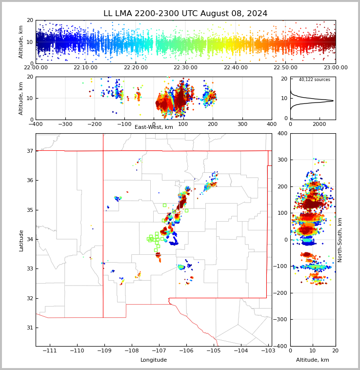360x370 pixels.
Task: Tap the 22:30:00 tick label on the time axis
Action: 185,67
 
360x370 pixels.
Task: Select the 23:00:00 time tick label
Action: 336,67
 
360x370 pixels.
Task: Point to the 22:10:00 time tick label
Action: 85,67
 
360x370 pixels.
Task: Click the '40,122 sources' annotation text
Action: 314,80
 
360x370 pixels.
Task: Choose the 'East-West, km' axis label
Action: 154,127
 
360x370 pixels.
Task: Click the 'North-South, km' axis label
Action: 340,240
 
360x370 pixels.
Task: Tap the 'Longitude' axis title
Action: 154,360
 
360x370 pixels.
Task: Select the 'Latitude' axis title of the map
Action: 21,240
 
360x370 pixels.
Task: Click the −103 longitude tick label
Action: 268,351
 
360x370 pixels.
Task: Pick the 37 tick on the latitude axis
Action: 29,151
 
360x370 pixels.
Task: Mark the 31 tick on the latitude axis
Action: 29,328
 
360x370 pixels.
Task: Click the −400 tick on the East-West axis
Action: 36,124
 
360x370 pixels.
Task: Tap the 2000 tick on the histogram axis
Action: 319,124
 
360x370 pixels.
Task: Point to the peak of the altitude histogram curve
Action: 333,101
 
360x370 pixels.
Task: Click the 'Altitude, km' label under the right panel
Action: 313,360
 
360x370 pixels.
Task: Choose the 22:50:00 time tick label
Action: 285,67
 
